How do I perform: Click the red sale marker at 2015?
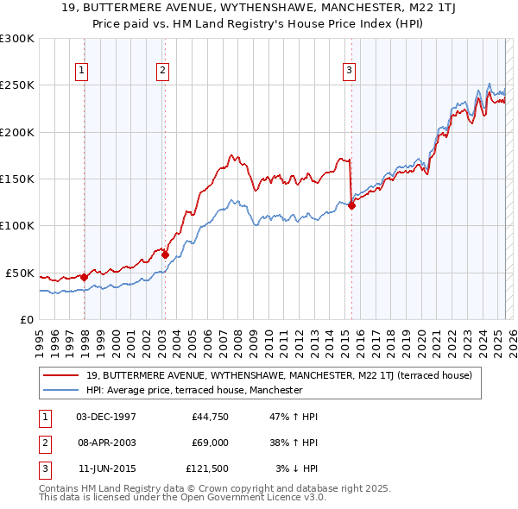[351, 205]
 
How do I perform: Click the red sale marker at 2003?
[165, 255]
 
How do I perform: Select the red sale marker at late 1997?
[84, 277]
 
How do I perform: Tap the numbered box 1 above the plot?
[81, 71]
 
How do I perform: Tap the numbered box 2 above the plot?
[162, 71]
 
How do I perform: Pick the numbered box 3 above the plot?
[349, 71]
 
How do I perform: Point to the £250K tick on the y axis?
[17, 85]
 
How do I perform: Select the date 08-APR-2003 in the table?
[106, 442]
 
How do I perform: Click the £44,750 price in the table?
[209, 417]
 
